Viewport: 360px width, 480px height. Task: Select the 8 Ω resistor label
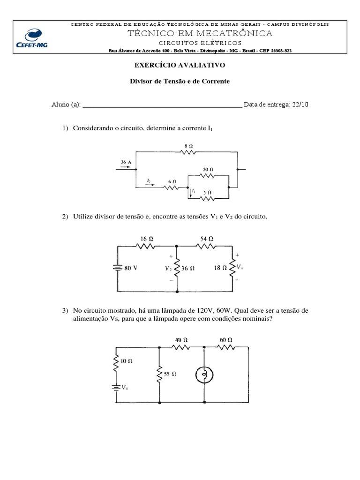pos(188,146)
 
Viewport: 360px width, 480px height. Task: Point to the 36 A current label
pos(126,162)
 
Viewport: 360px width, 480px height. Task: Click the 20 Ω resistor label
pos(208,169)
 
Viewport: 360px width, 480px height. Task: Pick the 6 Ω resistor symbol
pos(172,188)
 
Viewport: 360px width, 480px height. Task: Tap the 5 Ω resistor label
pos(207,192)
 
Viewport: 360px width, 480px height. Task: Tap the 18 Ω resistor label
pos(220,269)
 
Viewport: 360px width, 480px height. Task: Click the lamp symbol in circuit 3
pos(205,374)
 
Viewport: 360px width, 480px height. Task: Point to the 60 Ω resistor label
pos(226,339)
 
